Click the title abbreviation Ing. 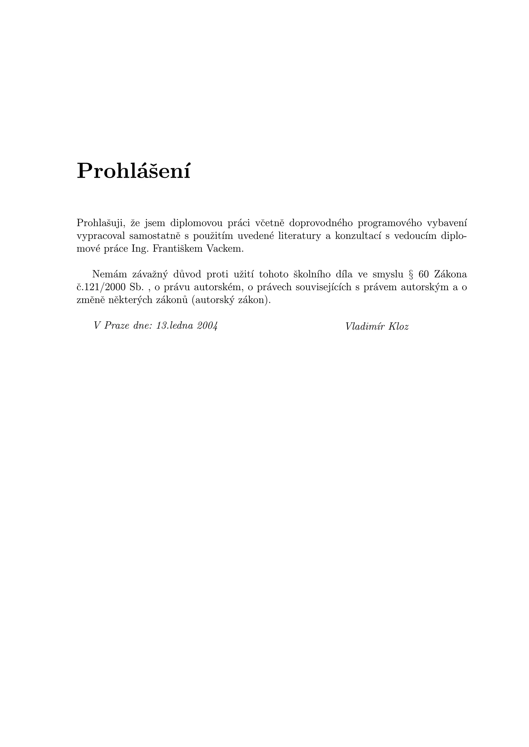coord(139,249)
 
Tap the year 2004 coord(207,326)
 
